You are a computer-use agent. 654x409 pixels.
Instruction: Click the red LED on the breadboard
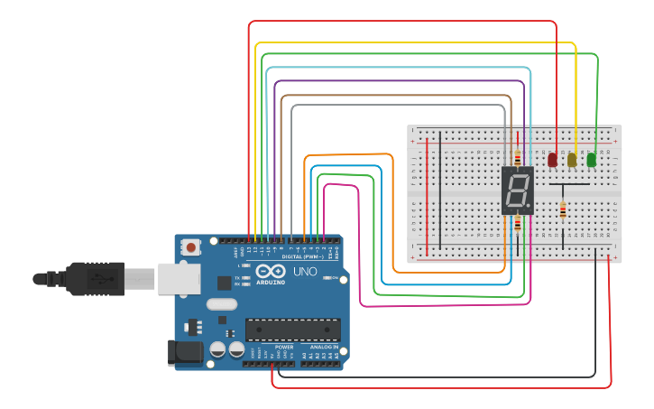click(x=552, y=160)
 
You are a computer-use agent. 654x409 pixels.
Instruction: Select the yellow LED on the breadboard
click(x=572, y=160)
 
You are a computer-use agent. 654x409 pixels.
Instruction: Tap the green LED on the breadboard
click(x=592, y=160)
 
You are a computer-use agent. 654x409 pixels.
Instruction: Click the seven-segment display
click(x=518, y=190)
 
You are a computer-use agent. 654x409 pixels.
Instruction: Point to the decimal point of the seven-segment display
click(x=529, y=204)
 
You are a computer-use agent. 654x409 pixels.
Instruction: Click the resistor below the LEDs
click(x=564, y=210)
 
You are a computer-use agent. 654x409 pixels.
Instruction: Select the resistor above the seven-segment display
click(x=517, y=157)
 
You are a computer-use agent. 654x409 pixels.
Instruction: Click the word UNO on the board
click(x=305, y=271)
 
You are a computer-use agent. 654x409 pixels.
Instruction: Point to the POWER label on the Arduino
click(x=284, y=347)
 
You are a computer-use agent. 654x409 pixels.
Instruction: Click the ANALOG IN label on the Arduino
click(x=325, y=347)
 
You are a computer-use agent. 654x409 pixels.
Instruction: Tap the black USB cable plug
click(x=95, y=278)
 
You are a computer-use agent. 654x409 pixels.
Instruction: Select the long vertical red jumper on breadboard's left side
click(x=427, y=193)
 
